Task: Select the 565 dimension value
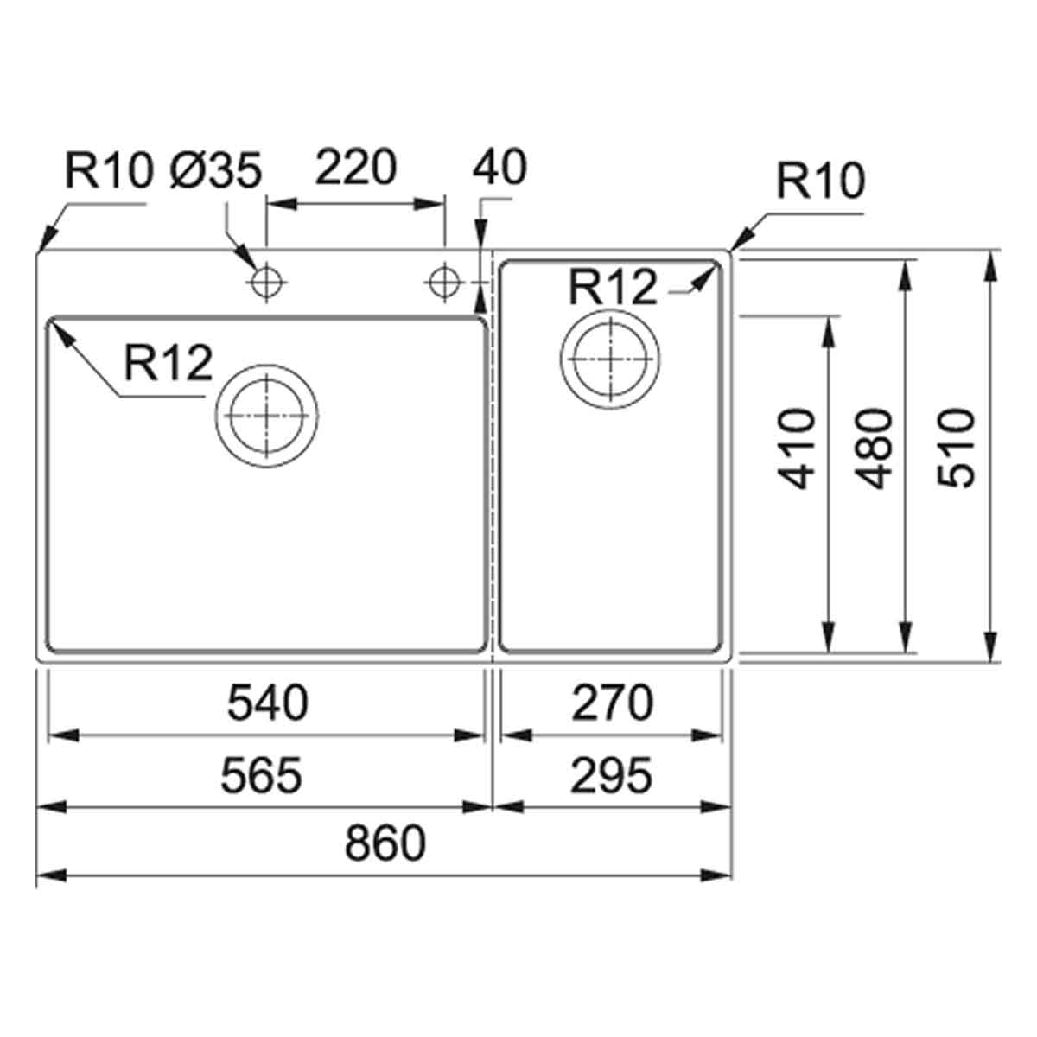[x=261, y=775]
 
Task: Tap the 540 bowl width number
[x=267, y=703]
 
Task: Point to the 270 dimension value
[x=612, y=703]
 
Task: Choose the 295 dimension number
[x=612, y=775]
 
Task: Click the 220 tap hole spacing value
[x=355, y=168]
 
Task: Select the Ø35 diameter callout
[x=215, y=170]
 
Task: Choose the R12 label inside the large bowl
[x=168, y=363]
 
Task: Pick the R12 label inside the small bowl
[x=613, y=287]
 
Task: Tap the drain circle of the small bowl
[x=611, y=358]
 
